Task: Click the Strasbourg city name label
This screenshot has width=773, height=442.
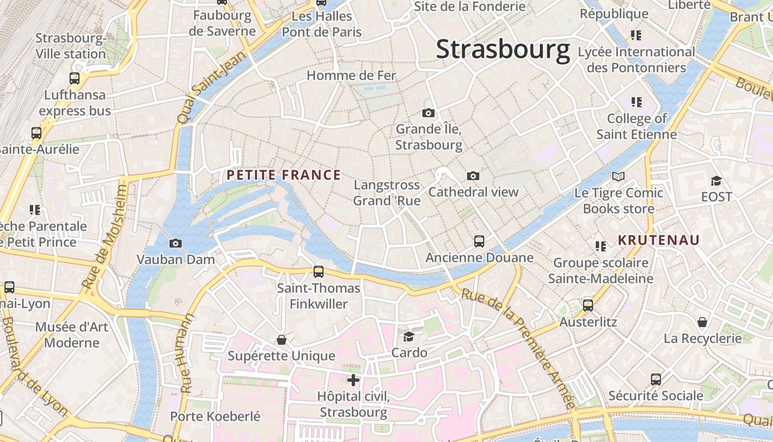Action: [x=503, y=50]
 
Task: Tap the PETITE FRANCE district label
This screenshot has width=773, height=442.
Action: [x=284, y=175]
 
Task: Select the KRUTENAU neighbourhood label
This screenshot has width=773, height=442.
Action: [x=659, y=240]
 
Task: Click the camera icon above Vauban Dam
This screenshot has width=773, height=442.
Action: [x=176, y=243]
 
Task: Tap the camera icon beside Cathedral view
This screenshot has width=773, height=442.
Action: [x=473, y=176]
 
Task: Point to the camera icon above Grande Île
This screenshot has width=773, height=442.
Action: [x=428, y=113]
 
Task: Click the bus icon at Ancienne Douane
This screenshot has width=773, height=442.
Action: [x=479, y=241]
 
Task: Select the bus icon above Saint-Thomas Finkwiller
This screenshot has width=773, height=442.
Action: [x=319, y=272]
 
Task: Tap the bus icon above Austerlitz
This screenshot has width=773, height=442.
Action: [x=588, y=306]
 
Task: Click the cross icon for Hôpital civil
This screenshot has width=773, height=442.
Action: [x=353, y=380]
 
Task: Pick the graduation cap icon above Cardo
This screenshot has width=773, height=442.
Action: [x=409, y=336]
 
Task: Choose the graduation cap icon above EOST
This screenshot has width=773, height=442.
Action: [x=716, y=181]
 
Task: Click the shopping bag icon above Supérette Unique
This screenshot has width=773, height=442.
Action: [x=282, y=339]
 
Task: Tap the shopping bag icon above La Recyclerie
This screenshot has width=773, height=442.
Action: [x=702, y=322]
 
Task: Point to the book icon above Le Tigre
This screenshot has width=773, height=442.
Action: [x=618, y=177]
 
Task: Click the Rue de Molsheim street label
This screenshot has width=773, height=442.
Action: [x=104, y=236]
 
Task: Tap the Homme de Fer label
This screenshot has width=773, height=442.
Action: [x=352, y=75]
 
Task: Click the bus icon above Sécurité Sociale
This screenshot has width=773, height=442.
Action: [x=656, y=380]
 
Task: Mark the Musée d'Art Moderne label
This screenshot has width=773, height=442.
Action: [x=72, y=334]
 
